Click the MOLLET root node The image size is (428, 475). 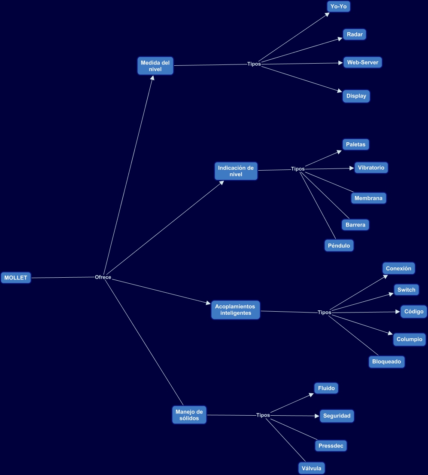point(16,278)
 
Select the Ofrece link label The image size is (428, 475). point(103,277)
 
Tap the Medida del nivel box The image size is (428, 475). point(155,66)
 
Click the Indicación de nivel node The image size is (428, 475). point(236,171)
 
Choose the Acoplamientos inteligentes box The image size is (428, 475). point(236,310)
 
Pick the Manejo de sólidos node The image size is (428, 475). point(189,415)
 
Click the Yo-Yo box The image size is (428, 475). point(339,6)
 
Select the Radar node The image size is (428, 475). point(355,34)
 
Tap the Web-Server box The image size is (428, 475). point(363,62)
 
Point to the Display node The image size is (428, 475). point(356,96)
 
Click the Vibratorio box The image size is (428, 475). point(371,167)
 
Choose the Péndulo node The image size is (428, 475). point(339,245)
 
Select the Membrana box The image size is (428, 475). point(368,198)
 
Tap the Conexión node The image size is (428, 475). point(398,268)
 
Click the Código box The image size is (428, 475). point(414,312)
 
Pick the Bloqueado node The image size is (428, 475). point(387,362)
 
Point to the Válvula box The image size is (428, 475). point(312,468)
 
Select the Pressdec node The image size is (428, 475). point(331,446)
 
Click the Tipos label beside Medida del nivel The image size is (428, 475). point(254,64)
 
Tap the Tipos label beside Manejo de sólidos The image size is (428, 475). point(263,415)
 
